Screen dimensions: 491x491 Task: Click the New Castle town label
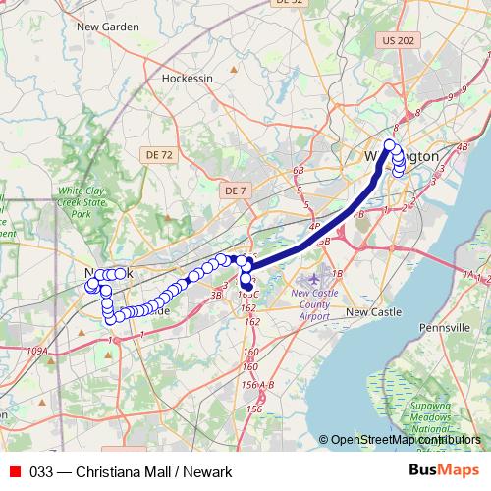[x=373, y=312]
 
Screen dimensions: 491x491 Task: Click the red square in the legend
[x=14, y=471]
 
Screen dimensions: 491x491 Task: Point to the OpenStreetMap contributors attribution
[x=401, y=440]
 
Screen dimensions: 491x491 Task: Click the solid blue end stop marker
[x=246, y=288]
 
